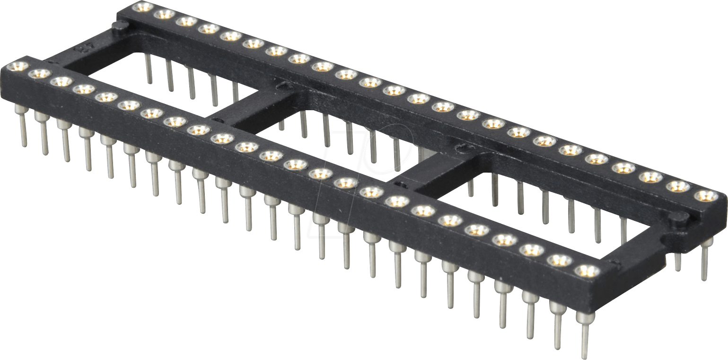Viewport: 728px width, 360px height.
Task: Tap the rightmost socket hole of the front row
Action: click(587, 271)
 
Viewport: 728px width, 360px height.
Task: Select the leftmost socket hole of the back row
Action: click(143, 7)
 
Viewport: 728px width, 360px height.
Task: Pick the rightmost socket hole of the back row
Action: click(706, 195)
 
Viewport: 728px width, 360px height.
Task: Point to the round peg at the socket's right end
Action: click(680, 219)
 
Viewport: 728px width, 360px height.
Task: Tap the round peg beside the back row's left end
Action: click(117, 25)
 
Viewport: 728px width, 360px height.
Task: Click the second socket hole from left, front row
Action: click(39, 74)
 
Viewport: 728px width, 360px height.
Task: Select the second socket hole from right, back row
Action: click(678, 186)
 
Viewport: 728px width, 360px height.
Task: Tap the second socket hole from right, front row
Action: click(560, 260)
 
